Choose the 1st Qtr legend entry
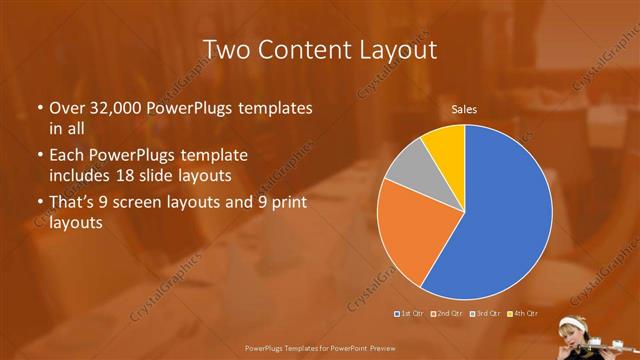click(410, 315)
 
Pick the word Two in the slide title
click(226, 49)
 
